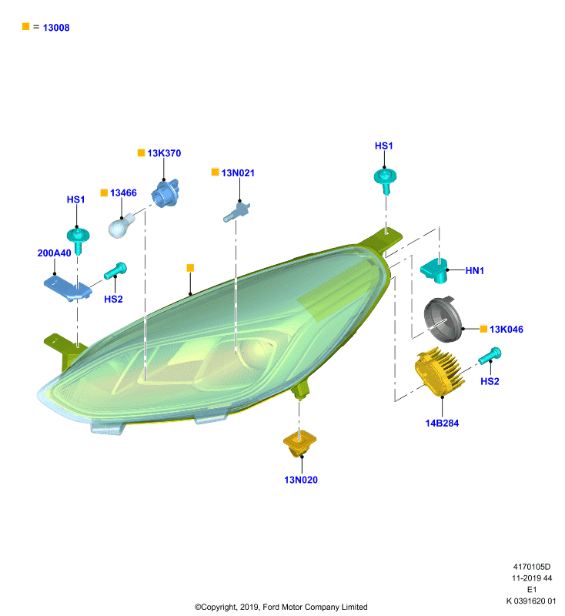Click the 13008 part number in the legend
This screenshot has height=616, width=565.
[x=56, y=28]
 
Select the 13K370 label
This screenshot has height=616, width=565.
[x=164, y=153]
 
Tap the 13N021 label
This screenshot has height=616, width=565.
[x=238, y=172]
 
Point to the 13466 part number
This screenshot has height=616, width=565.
[x=123, y=193]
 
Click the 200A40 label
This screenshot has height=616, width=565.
[x=54, y=253]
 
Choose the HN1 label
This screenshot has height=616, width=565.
[x=475, y=271]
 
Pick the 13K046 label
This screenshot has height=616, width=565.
[x=506, y=330]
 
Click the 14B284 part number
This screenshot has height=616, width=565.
[x=442, y=423]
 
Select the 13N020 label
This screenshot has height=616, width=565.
[x=301, y=480]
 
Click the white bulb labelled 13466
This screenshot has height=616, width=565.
[x=121, y=226]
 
